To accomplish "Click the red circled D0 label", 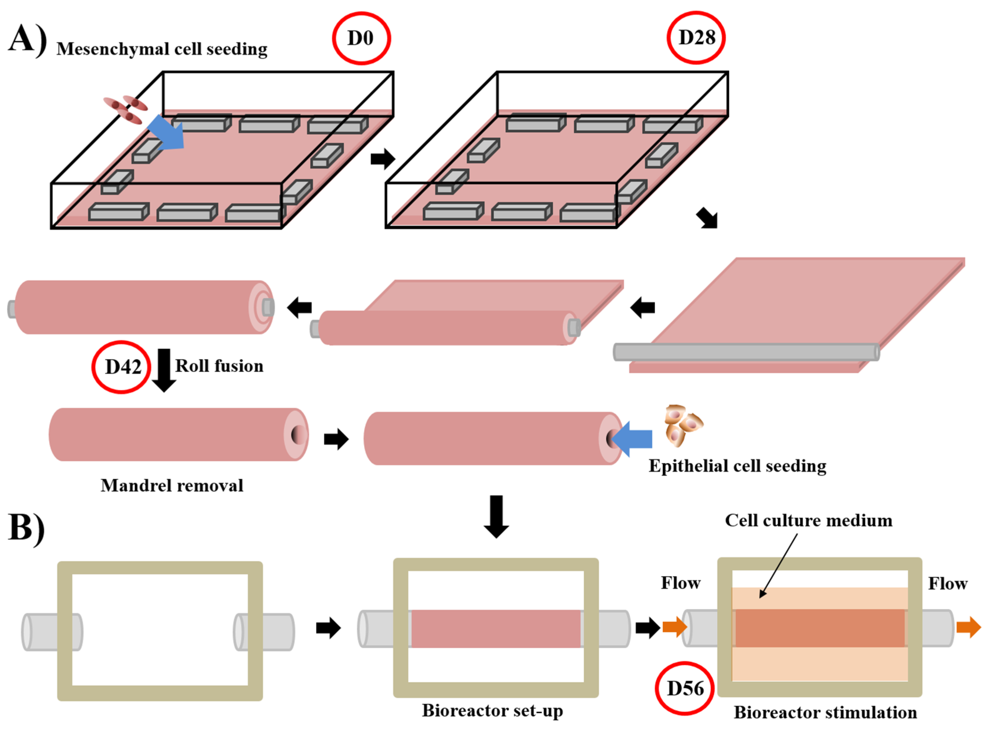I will [361, 38].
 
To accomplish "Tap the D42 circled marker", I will [122, 367].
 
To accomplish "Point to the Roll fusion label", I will [219, 366].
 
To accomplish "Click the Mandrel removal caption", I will [172, 485].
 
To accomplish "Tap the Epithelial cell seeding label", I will [737, 466].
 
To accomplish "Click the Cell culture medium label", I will [808, 520].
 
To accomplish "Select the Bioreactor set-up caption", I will [492, 710].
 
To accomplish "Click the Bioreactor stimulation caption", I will [825, 712].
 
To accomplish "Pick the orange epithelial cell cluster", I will [682, 425].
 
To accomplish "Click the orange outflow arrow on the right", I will [968, 627].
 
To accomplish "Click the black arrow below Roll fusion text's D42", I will [164, 370].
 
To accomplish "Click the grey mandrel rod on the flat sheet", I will [746, 352].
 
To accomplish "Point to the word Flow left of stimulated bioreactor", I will [680, 583].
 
